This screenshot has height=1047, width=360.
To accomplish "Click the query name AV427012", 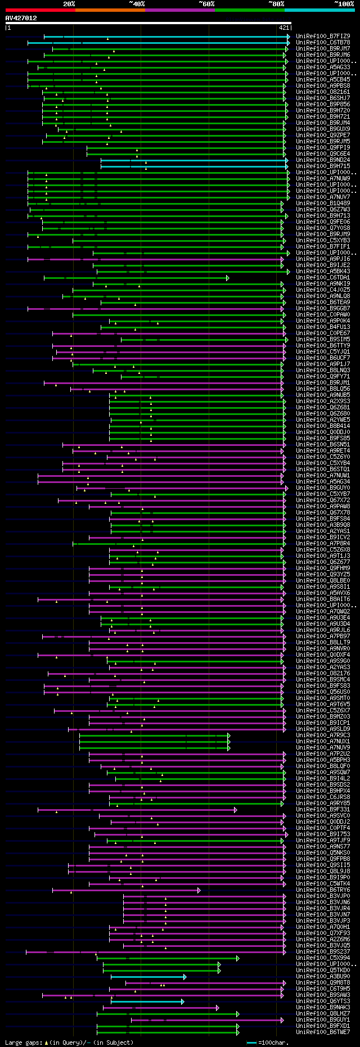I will pos(21,18).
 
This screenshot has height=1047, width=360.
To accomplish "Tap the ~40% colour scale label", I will pos(137,4).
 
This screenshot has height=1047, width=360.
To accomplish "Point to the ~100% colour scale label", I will pos(344,4).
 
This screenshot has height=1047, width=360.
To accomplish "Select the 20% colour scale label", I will pos(69,4).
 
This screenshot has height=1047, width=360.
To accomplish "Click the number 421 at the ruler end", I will pos(284,28).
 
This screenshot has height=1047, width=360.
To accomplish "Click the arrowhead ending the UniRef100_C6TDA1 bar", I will pos(228,278).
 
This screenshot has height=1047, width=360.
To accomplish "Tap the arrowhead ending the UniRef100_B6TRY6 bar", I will pos(199,890).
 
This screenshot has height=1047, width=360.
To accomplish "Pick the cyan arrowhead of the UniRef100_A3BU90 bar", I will pos(184,977).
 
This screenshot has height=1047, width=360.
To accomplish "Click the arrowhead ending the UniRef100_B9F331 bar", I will pos(236,810).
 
